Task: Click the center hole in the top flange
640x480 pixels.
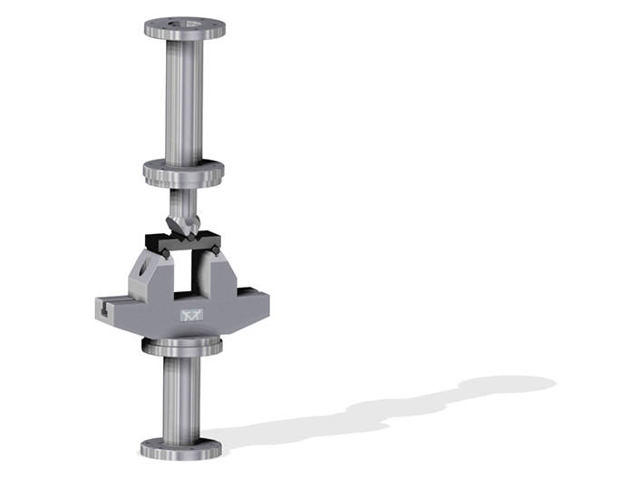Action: pyautogui.click(x=185, y=22)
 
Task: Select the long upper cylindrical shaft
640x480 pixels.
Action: pyautogui.click(x=184, y=100)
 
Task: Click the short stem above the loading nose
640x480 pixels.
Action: pyautogui.click(x=182, y=198)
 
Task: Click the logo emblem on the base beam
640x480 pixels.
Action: pyautogui.click(x=189, y=314)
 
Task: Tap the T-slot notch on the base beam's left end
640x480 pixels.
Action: pyautogui.click(x=106, y=309)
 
